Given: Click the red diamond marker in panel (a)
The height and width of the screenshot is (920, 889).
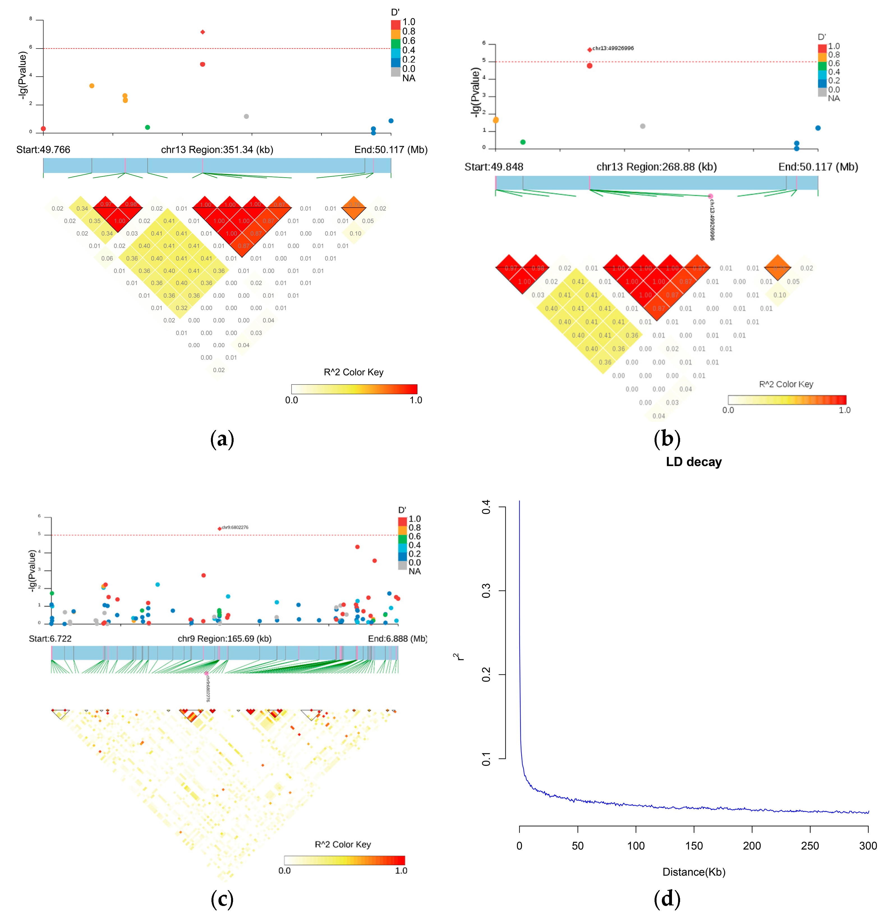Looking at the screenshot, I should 203,32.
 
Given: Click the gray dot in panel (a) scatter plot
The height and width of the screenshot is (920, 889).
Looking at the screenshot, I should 246,116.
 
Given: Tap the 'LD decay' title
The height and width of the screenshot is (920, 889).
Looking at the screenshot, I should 693,462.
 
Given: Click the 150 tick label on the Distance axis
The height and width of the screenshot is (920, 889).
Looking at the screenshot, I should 694,846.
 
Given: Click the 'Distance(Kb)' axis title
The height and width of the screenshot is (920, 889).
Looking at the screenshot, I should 693,872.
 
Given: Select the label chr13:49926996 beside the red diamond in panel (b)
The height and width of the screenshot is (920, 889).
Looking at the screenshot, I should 613,48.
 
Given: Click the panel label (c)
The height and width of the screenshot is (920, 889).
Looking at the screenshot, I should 222,899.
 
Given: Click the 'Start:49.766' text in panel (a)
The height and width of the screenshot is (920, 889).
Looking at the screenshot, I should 43,150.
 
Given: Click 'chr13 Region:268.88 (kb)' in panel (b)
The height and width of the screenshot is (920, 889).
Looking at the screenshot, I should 656,167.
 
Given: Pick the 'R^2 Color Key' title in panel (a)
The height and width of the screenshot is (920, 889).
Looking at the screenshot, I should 353,372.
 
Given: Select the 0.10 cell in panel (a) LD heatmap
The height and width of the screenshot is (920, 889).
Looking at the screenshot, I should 355,233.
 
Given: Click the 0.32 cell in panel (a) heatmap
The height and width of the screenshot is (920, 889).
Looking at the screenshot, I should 181,308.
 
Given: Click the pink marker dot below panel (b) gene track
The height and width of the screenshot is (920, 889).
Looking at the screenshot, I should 710,196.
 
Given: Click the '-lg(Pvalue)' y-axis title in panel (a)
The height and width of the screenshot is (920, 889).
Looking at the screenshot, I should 22,75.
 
